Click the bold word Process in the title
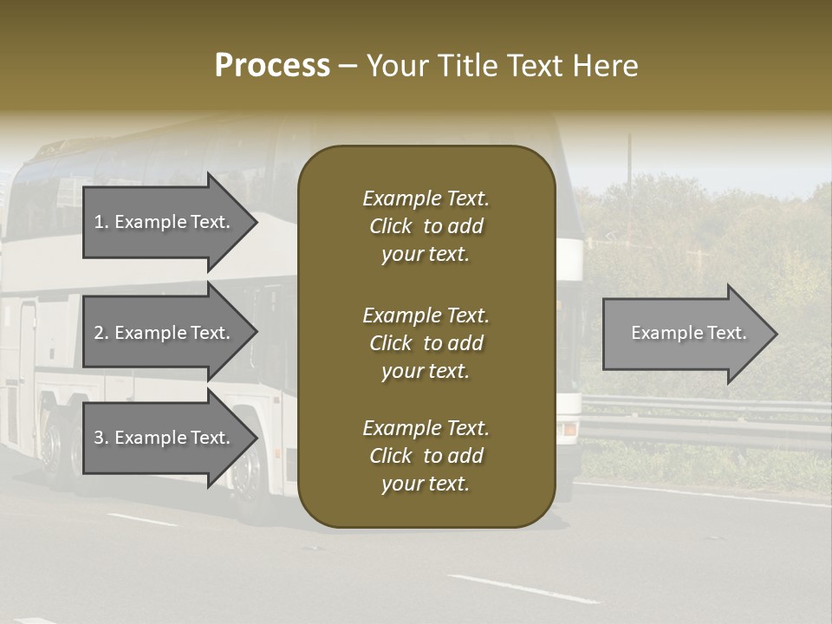[272, 65]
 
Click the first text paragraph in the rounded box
[426, 226]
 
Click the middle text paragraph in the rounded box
[426, 343]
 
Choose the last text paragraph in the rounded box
[426, 456]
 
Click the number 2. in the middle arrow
[101, 333]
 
